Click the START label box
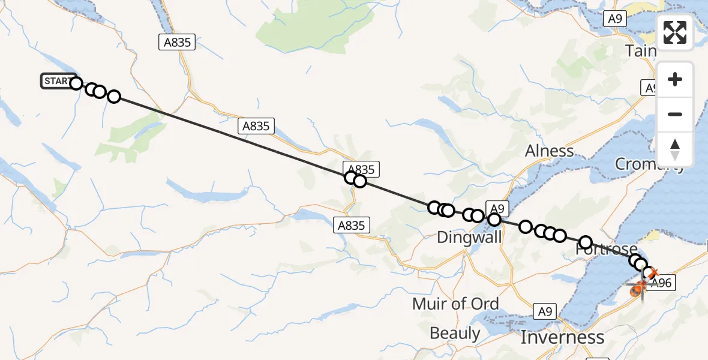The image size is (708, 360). (x=58, y=81)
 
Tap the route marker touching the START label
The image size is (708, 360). (x=76, y=83)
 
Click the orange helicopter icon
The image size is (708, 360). (x=636, y=290)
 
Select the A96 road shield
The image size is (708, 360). (x=662, y=283)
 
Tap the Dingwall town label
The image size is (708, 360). (x=469, y=237)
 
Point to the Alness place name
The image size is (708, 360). (x=549, y=151)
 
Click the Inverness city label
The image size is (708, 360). (x=562, y=337)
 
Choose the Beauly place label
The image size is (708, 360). (x=455, y=333)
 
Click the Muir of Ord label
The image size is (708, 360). (x=455, y=304)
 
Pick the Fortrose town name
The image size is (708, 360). (x=607, y=249)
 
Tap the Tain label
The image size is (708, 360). (x=641, y=50)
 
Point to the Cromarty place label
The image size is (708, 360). (x=649, y=164)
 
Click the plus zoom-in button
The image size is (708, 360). (x=675, y=79)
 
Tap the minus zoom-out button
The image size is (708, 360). (x=675, y=114)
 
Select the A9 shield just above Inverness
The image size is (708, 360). (x=545, y=311)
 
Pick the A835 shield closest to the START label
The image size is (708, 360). (x=178, y=42)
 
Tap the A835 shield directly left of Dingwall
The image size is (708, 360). (x=351, y=225)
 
